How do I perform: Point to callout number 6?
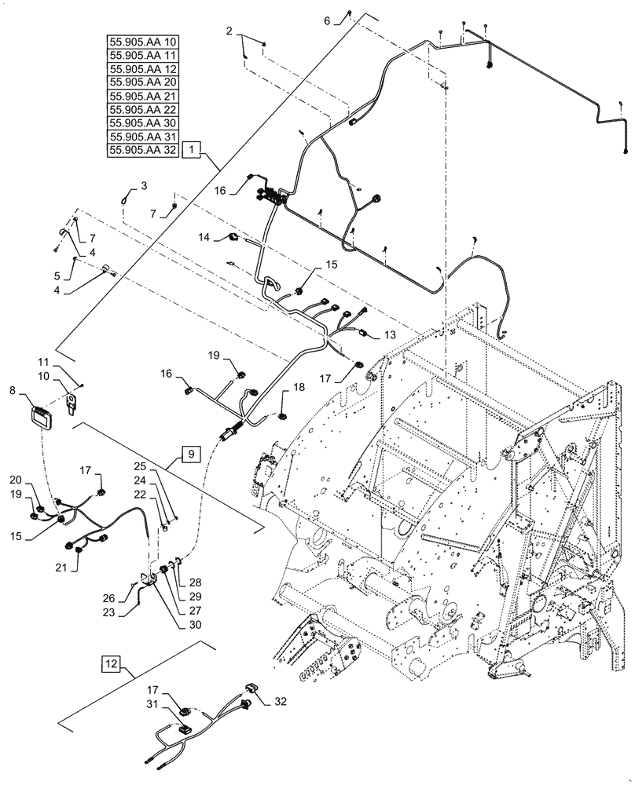(327, 21)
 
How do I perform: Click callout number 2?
(229, 31)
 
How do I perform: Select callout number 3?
(144, 185)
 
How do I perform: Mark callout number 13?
(390, 334)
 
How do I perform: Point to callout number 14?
(204, 235)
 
